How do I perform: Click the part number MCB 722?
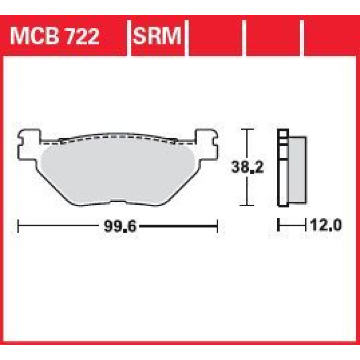54,36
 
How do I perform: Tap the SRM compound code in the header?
157,36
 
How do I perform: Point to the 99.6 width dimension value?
120,226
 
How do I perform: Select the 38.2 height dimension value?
247,167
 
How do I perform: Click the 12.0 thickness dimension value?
326,225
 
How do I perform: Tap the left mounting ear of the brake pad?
29,144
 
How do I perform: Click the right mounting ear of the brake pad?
207,144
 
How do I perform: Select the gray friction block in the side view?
297,170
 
